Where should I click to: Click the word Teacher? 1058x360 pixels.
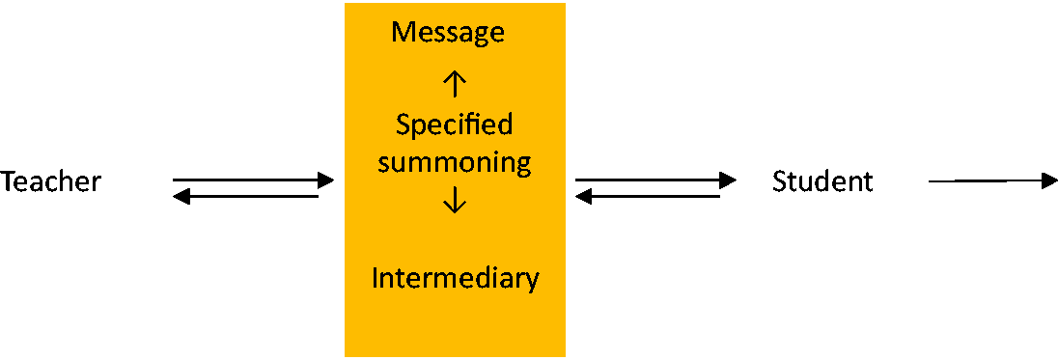(50, 181)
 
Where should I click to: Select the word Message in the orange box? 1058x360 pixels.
(448, 33)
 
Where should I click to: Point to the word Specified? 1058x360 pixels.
(454, 126)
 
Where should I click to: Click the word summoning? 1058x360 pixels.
(454, 164)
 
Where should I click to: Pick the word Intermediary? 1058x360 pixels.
(456, 279)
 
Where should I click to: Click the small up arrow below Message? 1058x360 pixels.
(455, 84)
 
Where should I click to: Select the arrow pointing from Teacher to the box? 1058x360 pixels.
(254, 180)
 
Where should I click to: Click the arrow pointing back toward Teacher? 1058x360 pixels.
(245, 197)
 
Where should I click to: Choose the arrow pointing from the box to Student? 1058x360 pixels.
(655, 180)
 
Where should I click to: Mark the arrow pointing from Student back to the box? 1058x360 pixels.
(648, 197)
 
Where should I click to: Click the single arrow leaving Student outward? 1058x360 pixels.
(993, 180)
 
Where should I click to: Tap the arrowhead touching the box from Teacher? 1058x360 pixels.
(326, 180)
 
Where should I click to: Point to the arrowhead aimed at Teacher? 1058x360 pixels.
(181, 197)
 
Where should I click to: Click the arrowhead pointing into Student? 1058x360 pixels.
(728, 180)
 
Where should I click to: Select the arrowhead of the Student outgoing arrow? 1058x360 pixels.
(1050, 180)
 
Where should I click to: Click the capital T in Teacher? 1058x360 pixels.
(8, 181)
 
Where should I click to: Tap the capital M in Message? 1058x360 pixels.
(404, 33)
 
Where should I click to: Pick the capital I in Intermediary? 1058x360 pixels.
(376, 278)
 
